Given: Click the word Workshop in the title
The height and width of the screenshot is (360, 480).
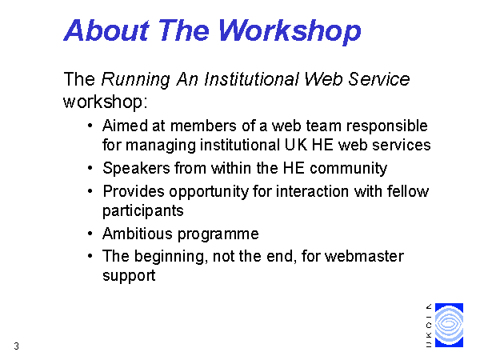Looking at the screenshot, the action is pyautogui.click(x=290, y=31).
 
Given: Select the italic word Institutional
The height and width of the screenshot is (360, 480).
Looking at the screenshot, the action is pyautogui.click(x=252, y=79).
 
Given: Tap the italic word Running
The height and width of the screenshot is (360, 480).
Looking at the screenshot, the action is pyautogui.click(x=136, y=80).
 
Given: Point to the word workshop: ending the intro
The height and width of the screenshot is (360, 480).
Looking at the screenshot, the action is pyautogui.click(x=106, y=102).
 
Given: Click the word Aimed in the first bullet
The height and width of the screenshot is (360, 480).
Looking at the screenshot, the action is pyautogui.click(x=125, y=126).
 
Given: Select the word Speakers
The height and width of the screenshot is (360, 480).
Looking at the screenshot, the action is pyautogui.click(x=136, y=169).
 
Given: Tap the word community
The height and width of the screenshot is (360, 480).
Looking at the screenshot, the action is pyautogui.click(x=348, y=169).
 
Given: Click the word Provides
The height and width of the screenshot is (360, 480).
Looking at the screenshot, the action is pyautogui.click(x=134, y=192).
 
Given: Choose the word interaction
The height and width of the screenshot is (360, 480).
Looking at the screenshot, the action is pyautogui.click(x=312, y=192).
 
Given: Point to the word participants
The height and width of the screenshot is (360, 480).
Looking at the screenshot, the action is pyautogui.click(x=143, y=211).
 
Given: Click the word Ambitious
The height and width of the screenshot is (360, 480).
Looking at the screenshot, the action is pyautogui.click(x=138, y=234).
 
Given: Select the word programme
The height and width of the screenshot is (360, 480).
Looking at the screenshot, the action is pyautogui.click(x=218, y=235).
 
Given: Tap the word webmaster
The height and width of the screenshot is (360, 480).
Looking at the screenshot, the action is pyautogui.click(x=364, y=256).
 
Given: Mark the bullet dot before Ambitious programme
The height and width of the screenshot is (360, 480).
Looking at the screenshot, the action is pyautogui.click(x=90, y=234).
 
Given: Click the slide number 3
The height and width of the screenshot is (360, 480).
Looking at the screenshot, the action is pyautogui.click(x=17, y=346).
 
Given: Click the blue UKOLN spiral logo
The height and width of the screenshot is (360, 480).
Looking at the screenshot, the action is pyautogui.click(x=449, y=325).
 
